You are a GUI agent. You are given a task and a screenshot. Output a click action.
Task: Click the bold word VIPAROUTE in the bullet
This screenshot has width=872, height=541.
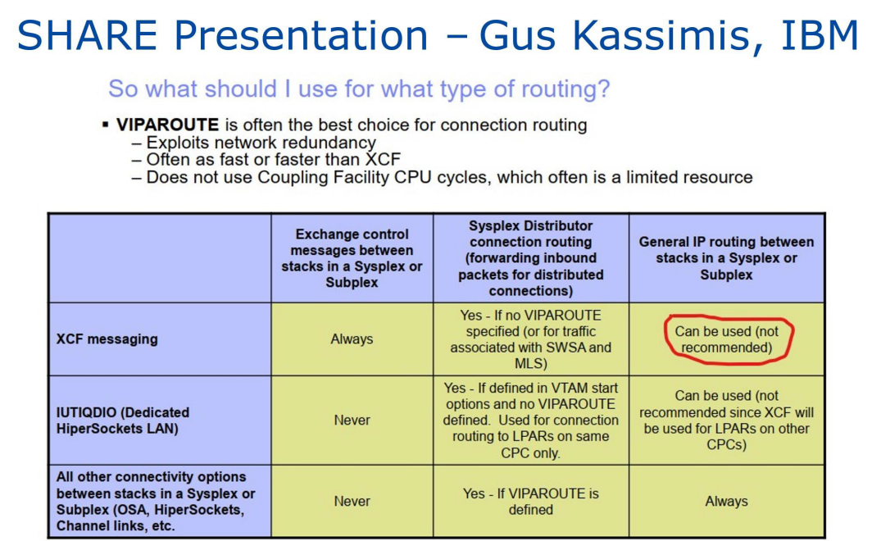167,125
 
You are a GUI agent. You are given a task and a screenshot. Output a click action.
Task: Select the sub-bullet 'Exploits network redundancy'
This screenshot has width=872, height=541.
253,143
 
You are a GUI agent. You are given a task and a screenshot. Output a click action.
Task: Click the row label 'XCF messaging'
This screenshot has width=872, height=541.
107,339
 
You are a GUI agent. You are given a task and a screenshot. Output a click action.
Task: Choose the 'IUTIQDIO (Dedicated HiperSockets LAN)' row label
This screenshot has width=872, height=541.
123,421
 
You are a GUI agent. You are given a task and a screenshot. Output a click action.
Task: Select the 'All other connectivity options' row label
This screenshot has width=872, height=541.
156,501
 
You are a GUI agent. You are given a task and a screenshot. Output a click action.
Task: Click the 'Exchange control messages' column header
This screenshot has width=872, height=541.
352,258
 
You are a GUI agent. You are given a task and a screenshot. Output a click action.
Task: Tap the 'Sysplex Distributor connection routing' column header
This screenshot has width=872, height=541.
530,258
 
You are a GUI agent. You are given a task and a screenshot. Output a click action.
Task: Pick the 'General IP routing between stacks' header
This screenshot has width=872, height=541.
726,258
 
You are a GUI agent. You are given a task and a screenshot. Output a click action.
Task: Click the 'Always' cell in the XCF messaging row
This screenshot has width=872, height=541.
352,339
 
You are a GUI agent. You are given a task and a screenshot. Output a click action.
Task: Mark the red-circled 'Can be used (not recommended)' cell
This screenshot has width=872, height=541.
727,339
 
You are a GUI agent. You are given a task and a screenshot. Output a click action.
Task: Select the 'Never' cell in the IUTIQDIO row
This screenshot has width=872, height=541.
352,421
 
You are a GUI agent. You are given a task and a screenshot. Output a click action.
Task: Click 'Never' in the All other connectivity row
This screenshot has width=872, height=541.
352,501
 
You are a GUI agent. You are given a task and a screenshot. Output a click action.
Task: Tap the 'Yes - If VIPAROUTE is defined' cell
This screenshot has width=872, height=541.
530,502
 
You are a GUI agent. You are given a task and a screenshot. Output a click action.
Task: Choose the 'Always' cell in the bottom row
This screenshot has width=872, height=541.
726,501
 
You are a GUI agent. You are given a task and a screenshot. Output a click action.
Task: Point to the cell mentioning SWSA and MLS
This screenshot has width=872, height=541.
530,339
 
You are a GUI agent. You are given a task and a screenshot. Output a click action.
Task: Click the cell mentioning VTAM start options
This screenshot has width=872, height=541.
530,421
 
